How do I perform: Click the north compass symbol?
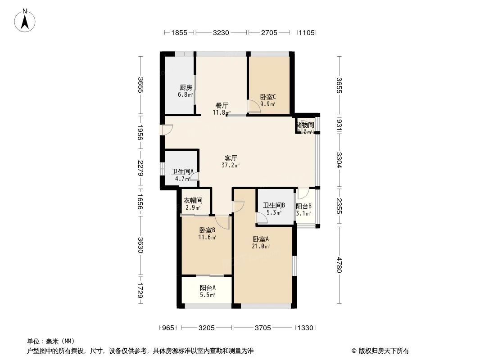pos(26,20)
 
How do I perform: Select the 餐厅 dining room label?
pos(222,105)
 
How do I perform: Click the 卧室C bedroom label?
pos(268,97)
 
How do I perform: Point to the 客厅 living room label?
pos(231,158)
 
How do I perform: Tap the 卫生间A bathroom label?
pos(182,171)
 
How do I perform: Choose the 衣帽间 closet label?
pos(192,201)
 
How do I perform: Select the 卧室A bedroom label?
pos(261,239)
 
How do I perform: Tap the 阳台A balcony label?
pos(208,288)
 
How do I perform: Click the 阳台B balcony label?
pos(303,207)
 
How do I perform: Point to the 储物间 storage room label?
pos(305,125)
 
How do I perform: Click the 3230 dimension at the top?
pos(221,33)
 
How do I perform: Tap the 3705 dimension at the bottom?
pos(263,328)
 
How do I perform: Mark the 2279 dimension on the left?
pos(141,168)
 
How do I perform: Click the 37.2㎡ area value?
pos(231,165)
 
